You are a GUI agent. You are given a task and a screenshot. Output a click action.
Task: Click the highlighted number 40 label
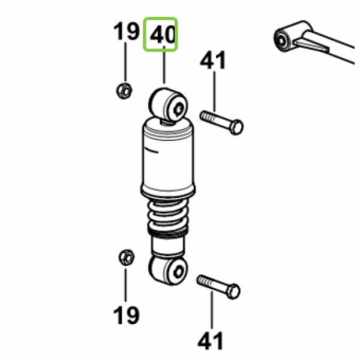163,35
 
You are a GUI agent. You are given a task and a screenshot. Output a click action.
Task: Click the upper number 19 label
127,31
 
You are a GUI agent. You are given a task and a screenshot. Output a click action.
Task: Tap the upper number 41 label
213,60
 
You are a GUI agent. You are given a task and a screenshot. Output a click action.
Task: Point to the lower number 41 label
211,341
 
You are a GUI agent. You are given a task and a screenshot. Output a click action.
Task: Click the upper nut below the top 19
124,91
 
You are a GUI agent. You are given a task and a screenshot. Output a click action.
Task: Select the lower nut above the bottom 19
127,257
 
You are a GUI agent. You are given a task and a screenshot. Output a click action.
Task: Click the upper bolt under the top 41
222,122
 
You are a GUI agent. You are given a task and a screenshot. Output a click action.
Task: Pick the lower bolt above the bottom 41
218,287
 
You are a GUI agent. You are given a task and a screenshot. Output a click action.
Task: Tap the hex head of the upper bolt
236,127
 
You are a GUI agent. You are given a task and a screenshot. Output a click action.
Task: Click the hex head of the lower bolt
233,292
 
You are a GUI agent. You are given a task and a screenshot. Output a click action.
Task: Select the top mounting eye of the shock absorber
168,106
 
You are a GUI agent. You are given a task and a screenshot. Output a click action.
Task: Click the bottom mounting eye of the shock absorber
168,270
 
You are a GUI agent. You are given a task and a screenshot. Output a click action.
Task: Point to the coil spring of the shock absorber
168,216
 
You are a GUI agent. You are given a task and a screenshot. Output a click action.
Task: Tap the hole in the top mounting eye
179,109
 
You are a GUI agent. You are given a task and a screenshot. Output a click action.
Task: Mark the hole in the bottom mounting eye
179,272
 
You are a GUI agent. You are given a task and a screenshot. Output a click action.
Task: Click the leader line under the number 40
164,65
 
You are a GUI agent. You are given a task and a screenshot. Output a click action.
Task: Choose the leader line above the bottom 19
125,284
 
